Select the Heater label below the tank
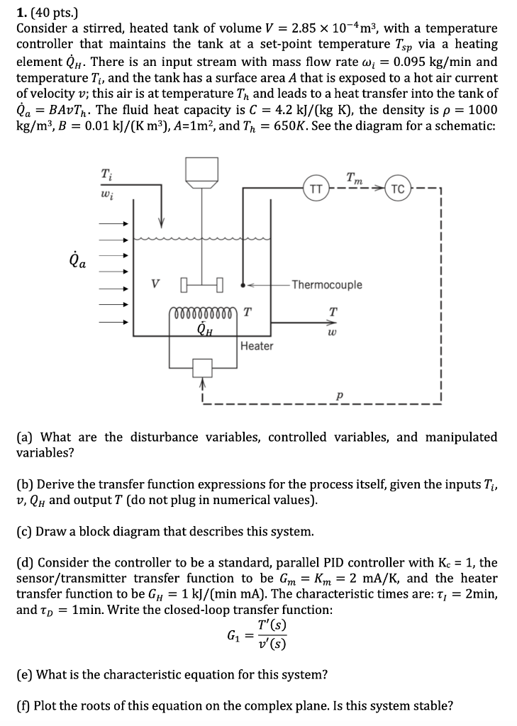256,346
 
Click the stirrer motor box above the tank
204,169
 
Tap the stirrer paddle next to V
203,286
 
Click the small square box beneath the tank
203,367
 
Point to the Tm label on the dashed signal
354,181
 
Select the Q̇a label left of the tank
79,262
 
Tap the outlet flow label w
331,330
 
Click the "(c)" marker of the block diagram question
25,531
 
